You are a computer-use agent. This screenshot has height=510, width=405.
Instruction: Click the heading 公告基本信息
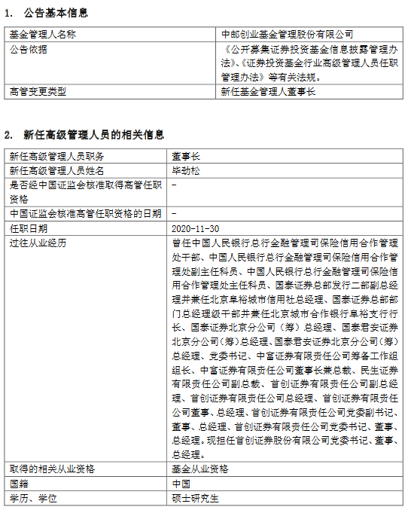tap(56, 13)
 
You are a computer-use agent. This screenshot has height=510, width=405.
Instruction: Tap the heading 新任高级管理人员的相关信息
tap(93, 135)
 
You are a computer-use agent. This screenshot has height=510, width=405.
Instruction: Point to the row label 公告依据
tap(29, 49)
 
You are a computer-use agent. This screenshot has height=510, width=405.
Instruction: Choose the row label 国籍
tap(19, 483)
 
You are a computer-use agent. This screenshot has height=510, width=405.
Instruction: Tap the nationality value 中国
tap(181, 483)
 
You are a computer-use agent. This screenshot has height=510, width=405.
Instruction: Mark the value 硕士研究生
tap(194, 497)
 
